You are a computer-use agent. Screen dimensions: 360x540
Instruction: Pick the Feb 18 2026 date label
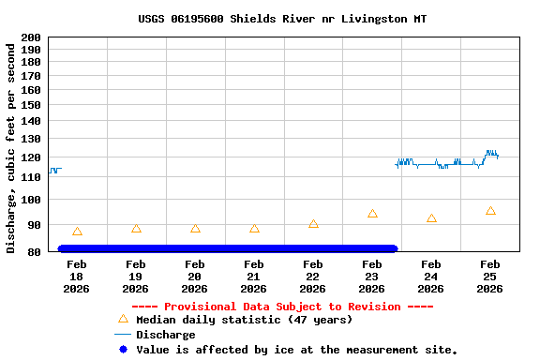click(77, 277)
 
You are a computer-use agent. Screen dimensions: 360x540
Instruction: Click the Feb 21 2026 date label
click(254, 277)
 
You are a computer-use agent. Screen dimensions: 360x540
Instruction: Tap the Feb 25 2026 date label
click(490, 277)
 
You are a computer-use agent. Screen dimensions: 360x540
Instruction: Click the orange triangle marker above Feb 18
click(77, 232)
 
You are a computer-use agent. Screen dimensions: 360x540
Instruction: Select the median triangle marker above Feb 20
click(195, 229)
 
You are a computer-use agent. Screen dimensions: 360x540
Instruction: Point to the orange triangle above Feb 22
click(313, 224)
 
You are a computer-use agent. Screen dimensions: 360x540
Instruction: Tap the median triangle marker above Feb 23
click(372, 214)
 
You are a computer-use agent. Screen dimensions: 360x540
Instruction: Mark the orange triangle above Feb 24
click(431, 218)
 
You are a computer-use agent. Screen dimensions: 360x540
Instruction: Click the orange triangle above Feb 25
click(490, 211)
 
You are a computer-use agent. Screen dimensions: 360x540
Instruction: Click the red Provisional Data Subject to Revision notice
click(282, 307)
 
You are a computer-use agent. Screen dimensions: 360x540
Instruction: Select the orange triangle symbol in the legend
click(123, 319)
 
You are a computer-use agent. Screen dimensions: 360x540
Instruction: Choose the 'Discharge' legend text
click(166, 335)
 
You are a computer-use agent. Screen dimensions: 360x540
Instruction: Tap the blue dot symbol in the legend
click(123, 350)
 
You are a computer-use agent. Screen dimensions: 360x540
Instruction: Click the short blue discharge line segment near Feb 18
click(54, 170)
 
